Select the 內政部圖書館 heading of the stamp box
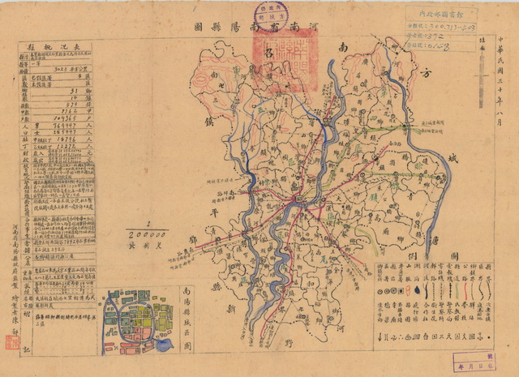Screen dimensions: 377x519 [x=441, y=14]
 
